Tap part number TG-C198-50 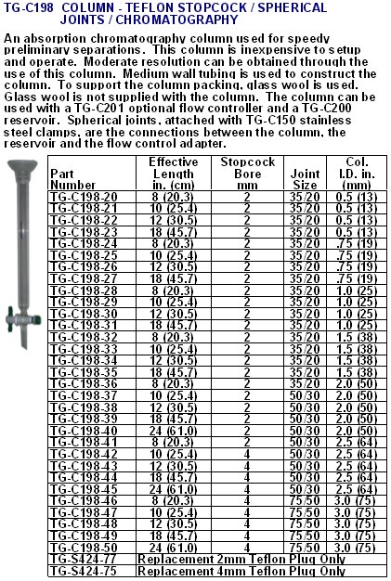point(83,548)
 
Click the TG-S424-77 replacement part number point(83,560)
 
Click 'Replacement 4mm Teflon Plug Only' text point(241,572)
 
